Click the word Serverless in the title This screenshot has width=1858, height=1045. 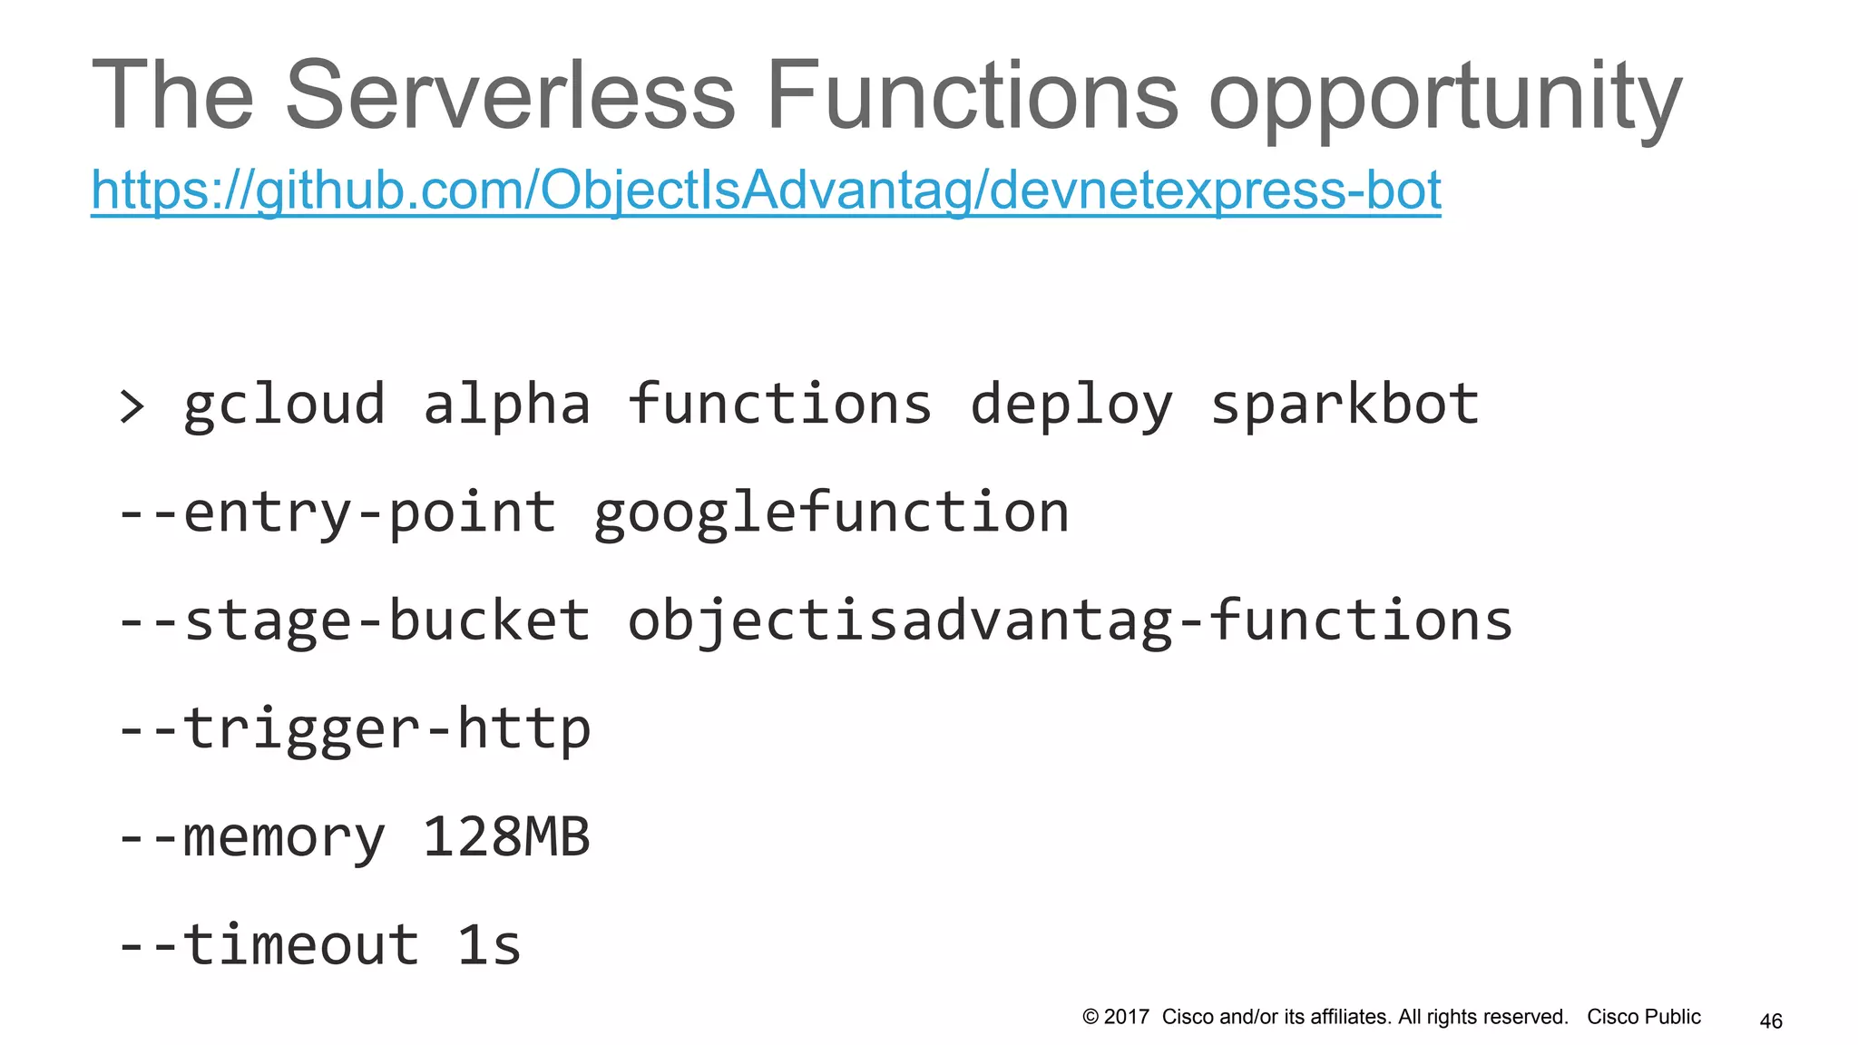[x=510, y=96]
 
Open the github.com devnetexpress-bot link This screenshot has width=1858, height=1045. [x=766, y=190]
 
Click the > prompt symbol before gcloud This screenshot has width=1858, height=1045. [x=132, y=406]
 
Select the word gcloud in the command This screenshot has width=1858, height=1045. [x=284, y=406]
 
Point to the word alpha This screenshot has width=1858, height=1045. [x=506, y=405]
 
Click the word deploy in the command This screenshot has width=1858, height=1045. [x=1071, y=406]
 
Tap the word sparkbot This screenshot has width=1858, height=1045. [x=1345, y=405]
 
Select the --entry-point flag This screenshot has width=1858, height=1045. [x=337, y=513]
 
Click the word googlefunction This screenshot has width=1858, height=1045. [x=831, y=513]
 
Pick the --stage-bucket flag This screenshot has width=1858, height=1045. [x=354, y=621]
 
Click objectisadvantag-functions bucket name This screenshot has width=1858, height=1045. [x=1071, y=621]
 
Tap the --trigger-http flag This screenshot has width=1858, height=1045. [x=354, y=729]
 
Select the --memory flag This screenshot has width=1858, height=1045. [x=251, y=838]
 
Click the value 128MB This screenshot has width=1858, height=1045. [x=506, y=836]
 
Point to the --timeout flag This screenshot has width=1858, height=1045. [x=269, y=945]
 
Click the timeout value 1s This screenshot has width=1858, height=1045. [x=489, y=945]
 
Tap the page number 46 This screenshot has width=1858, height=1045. [x=1771, y=1021]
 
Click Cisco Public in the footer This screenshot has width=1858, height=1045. [x=1643, y=1017]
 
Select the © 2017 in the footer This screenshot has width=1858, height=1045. [x=1116, y=1017]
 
